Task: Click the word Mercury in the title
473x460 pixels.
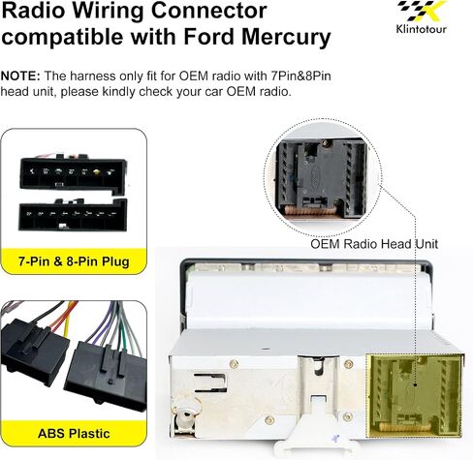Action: tap(286, 37)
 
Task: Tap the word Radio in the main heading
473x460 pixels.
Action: tap(33, 10)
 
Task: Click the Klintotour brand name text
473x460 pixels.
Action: tap(422, 29)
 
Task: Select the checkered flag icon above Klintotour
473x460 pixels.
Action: tap(422, 11)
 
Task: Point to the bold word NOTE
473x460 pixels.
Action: tap(20, 77)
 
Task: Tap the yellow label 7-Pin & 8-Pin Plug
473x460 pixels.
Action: tap(74, 261)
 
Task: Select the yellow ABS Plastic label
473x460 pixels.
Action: tap(74, 433)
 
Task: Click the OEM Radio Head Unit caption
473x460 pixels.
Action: tap(374, 244)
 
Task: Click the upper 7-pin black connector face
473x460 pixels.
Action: tap(73, 174)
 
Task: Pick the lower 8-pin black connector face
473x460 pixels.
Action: tap(73, 214)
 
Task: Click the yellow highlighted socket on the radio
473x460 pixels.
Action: tap(415, 396)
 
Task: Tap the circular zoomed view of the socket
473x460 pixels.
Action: tap(323, 177)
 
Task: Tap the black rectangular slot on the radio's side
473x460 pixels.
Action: tap(210, 383)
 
